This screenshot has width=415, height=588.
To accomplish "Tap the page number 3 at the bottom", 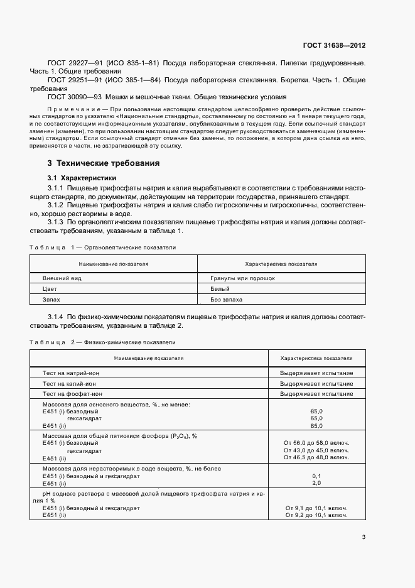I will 364,536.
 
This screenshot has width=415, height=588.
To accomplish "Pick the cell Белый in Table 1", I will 219,289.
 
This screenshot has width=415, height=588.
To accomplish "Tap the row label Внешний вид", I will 62,278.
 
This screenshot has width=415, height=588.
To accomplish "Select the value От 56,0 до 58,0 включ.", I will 316,443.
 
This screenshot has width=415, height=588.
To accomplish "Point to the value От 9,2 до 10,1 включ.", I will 316,514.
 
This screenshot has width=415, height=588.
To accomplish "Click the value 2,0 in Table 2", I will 316,483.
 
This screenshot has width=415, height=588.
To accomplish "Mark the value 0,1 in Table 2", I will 316,476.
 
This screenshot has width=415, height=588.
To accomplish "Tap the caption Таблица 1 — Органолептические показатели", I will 102,248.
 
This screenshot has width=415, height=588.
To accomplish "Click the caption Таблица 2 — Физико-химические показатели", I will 102,342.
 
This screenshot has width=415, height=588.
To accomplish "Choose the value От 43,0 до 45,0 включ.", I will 316,450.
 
